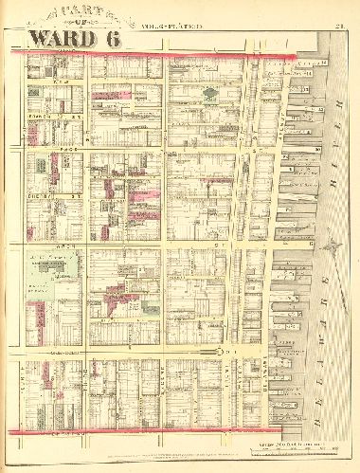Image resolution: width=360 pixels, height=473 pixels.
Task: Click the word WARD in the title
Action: point(58,38)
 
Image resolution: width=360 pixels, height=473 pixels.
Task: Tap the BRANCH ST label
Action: point(40,115)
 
